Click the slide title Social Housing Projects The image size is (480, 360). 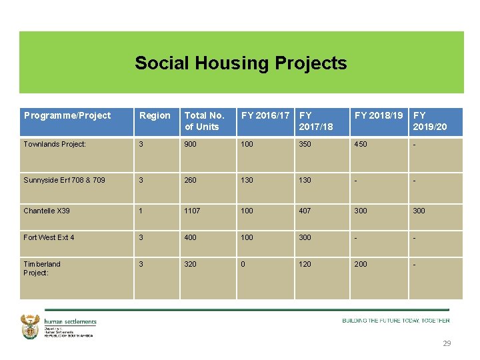(241, 63)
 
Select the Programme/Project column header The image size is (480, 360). (67, 115)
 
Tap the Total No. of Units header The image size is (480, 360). (204, 121)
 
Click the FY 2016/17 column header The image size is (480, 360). (265, 115)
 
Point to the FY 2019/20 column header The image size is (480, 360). (430, 121)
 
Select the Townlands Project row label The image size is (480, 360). (55, 144)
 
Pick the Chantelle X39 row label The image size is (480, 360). (47, 211)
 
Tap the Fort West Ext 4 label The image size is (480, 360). (49, 237)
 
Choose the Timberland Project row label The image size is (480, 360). (42, 268)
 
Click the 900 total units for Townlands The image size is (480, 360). (191, 144)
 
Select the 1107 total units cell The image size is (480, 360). (193, 211)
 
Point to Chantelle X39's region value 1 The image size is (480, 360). (141, 211)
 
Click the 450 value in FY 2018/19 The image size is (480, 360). (361, 144)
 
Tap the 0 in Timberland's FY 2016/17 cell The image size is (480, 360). (243, 264)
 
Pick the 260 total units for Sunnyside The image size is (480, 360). (191, 180)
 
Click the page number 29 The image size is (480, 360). (447, 343)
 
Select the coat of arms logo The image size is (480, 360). (31, 327)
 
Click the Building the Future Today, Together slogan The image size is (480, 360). (396, 321)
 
